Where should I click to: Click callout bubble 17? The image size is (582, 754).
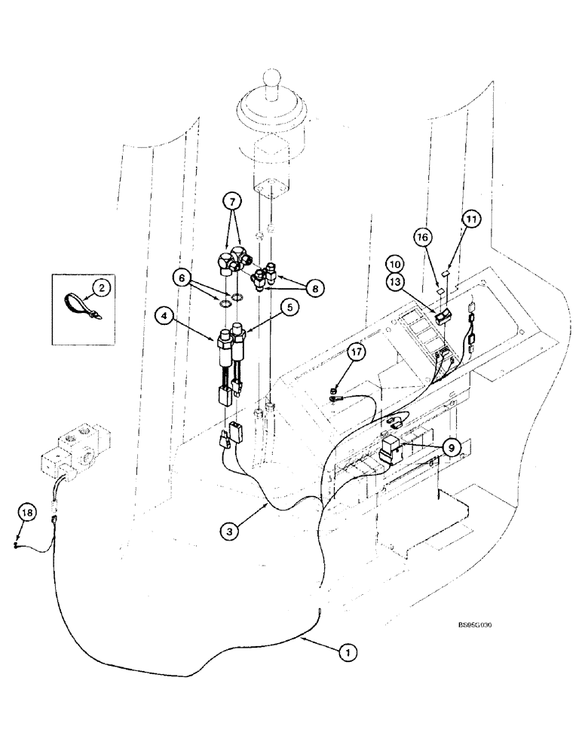click(356, 351)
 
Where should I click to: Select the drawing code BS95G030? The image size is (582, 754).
click(477, 625)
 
